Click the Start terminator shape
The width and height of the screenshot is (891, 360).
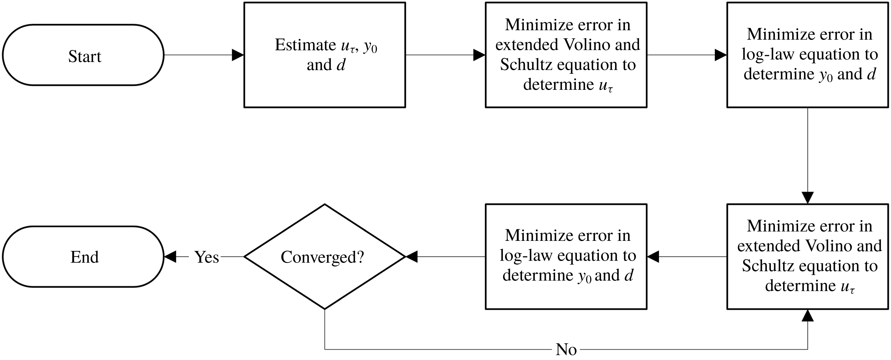(x=83, y=55)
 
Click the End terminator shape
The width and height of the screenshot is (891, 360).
(x=83, y=257)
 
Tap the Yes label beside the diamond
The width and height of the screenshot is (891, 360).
(x=207, y=257)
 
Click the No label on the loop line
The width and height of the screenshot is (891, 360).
(x=566, y=350)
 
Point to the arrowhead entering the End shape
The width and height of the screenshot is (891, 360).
(x=170, y=257)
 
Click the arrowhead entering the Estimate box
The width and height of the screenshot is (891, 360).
(x=238, y=55)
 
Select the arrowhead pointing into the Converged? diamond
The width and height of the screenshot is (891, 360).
(x=412, y=257)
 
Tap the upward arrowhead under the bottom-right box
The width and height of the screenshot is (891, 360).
(x=807, y=315)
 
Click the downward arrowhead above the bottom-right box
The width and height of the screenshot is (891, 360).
(x=807, y=198)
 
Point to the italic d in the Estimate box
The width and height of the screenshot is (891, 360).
(x=341, y=65)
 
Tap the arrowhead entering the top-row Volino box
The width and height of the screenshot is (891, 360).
(x=479, y=55)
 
